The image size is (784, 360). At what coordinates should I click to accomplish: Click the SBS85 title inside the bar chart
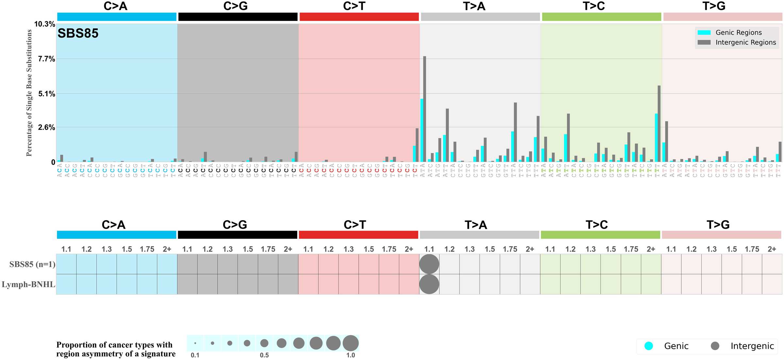click(78, 33)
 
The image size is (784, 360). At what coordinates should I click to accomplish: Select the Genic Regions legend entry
click(738, 33)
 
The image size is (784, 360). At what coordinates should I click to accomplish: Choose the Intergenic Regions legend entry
click(745, 42)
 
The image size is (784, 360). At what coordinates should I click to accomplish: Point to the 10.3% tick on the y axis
click(45, 24)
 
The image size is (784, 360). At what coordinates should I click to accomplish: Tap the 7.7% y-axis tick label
click(46, 59)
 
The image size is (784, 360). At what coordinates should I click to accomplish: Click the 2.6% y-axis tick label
click(46, 127)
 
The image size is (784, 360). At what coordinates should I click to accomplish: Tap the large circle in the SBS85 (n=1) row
click(429, 264)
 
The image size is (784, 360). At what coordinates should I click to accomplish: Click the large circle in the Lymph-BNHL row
click(429, 284)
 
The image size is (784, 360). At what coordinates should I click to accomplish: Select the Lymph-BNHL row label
click(28, 285)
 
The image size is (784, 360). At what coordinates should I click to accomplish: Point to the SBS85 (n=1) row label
click(32, 264)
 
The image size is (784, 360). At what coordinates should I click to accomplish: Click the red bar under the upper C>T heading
click(359, 17)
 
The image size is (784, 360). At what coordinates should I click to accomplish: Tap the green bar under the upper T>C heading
click(601, 17)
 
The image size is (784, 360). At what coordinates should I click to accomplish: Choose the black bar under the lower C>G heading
click(237, 235)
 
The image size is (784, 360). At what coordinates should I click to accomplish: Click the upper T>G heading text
click(714, 6)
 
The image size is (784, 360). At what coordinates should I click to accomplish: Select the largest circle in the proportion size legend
click(351, 343)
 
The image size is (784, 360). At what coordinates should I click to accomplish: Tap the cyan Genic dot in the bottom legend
click(649, 346)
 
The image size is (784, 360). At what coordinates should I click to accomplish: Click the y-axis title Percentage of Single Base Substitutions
click(29, 93)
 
